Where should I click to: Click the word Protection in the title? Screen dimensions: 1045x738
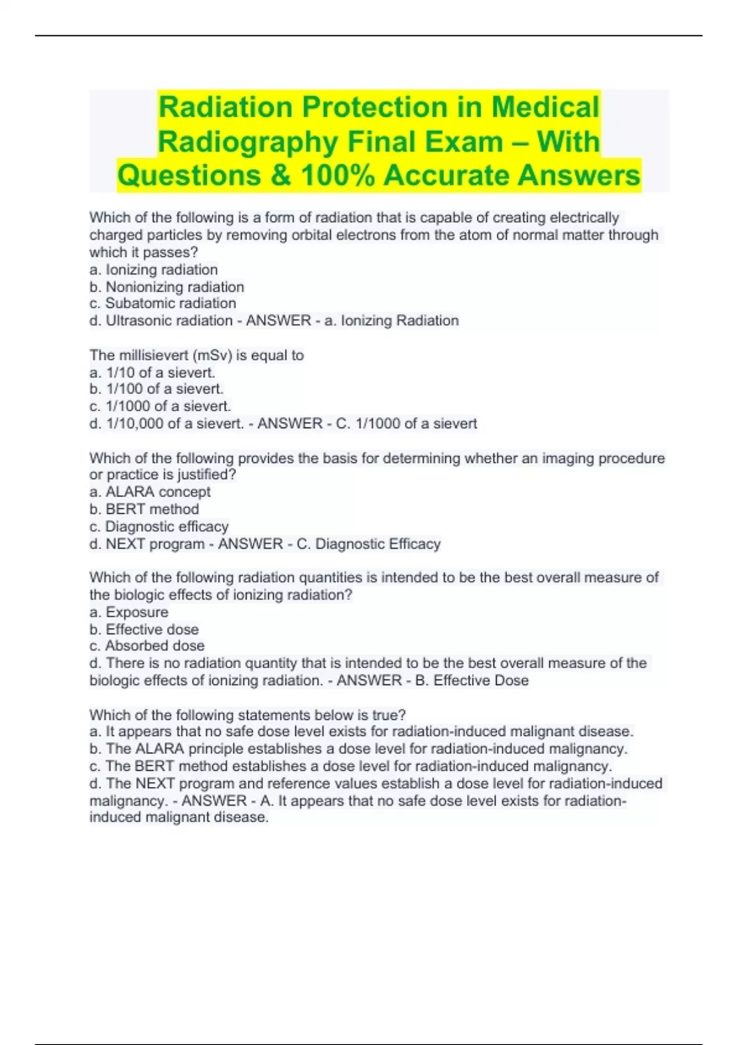[x=373, y=108]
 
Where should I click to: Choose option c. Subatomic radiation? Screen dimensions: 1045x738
[x=162, y=304]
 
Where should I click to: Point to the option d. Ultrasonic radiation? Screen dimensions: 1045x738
[x=161, y=321]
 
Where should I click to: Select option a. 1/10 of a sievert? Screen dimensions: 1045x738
[x=152, y=373]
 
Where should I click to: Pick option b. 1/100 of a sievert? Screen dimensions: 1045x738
[x=156, y=389]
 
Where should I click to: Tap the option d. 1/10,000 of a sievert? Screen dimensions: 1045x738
[x=166, y=424]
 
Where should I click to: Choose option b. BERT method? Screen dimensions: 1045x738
[x=144, y=510]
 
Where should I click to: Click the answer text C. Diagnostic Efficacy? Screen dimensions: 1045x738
[x=368, y=545]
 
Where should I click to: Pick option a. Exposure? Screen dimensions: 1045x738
[x=129, y=613]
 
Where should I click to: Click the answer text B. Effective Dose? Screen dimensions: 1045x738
[x=472, y=681]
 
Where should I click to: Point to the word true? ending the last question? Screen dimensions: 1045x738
[x=389, y=716]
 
